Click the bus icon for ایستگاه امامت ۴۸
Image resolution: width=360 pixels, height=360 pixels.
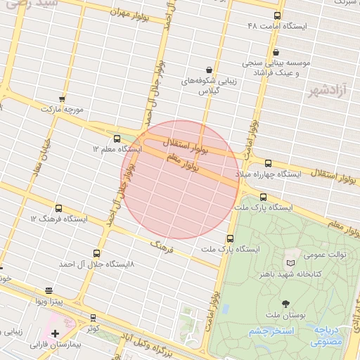pyautogui.click(x=277, y=15)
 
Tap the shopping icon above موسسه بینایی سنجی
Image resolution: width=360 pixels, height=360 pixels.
pyautogui.click(x=276, y=51)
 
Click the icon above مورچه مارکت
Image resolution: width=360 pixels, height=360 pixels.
pyautogui.click(x=62, y=99)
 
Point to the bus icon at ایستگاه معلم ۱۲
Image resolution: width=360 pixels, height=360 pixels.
pyautogui.click(x=117, y=139)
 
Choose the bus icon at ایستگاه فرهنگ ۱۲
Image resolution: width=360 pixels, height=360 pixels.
pyautogui.click(x=58, y=208)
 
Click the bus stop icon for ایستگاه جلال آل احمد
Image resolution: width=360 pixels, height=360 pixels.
pyautogui.click(x=96, y=253)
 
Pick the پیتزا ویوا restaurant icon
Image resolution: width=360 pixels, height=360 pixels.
pyautogui.click(x=49, y=290)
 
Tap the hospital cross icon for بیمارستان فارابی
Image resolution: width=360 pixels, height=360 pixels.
pyautogui.click(x=54, y=333)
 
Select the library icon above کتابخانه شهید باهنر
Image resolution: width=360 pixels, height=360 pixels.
pyautogui.click(x=291, y=262)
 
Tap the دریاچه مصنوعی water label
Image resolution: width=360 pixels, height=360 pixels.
pyautogui.click(x=326, y=335)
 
